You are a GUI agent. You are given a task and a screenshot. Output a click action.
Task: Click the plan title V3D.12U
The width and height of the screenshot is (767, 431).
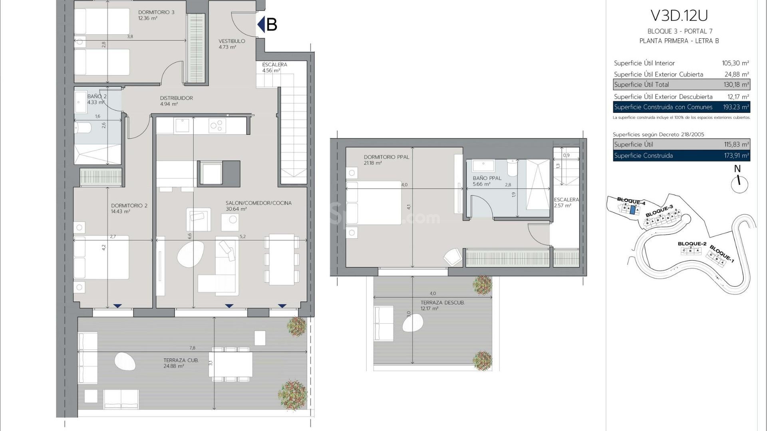pyautogui.click(x=679, y=16)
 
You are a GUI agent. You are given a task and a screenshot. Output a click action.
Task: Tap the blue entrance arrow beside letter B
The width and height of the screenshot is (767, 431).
pyautogui.click(x=261, y=24)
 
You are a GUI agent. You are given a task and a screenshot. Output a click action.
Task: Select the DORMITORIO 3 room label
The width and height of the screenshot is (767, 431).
pyautogui.click(x=156, y=12)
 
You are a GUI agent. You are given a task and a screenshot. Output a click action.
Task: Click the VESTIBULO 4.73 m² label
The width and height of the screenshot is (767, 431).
pyautogui.click(x=231, y=44)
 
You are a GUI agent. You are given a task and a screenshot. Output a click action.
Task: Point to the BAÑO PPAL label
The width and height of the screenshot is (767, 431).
pyautogui.click(x=487, y=178)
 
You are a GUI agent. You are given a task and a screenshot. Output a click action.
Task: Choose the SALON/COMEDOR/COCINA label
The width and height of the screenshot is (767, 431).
pyautogui.click(x=258, y=203)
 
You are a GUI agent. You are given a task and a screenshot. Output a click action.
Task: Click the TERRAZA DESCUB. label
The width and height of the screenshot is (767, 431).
pyautogui.click(x=442, y=303)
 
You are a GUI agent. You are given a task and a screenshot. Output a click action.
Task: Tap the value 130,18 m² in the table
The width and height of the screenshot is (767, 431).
pyautogui.click(x=736, y=85)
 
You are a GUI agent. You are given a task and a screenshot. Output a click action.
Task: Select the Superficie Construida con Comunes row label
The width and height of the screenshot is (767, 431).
pyautogui.click(x=663, y=107)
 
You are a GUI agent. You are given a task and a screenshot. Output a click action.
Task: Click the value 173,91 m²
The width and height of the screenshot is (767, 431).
pyautogui.click(x=736, y=156)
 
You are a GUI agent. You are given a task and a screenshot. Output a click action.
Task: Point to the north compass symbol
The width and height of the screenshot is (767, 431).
pyautogui.click(x=739, y=184)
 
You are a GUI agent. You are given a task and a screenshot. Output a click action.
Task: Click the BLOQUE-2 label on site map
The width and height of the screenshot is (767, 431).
pyautogui.click(x=692, y=243)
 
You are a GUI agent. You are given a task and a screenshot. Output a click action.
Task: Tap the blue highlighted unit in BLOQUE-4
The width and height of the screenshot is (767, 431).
pyautogui.click(x=632, y=210)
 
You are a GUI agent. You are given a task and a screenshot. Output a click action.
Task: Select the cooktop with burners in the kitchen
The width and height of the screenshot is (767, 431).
pyautogui.click(x=217, y=126)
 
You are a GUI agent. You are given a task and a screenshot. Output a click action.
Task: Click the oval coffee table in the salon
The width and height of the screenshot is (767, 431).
pyautogui.click(x=190, y=255)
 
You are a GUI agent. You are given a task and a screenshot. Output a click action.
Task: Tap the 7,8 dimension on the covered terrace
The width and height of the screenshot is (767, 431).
pyautogui.click(x=193, y=348)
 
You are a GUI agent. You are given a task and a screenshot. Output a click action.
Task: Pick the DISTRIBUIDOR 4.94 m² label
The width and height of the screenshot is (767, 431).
pyautogui.click(x=176, y=101)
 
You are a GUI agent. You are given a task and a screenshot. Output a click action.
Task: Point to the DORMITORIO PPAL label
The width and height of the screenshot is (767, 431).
pyautogui.click(x=386, y=157)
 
